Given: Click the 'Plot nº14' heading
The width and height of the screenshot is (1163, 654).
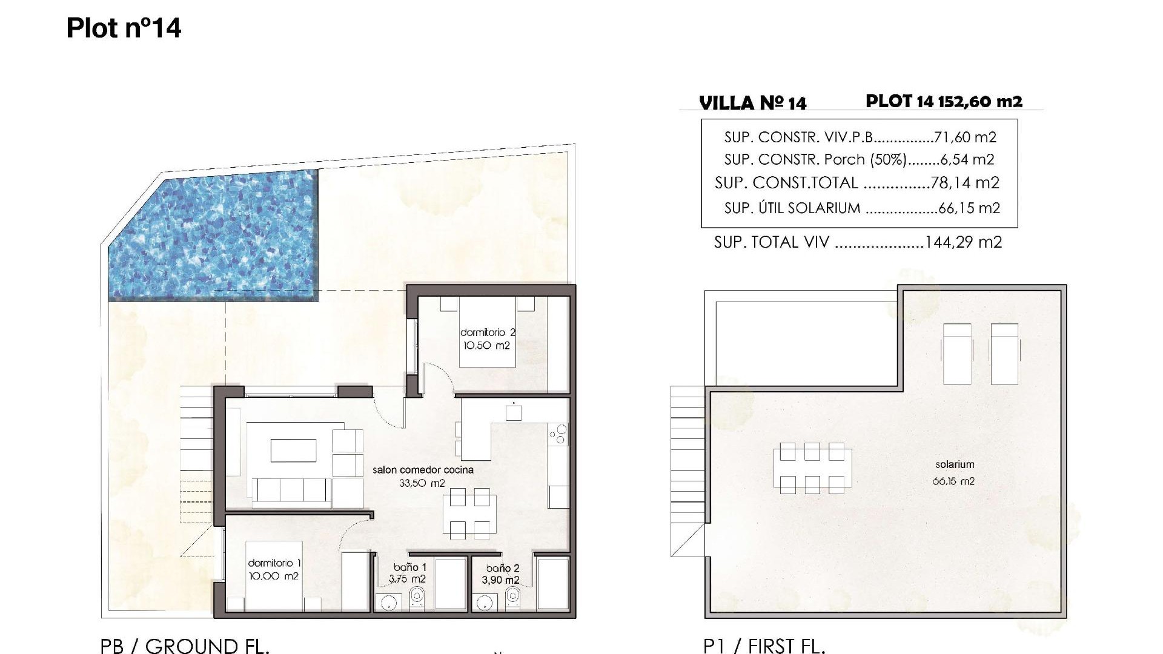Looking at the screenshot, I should [124, 28].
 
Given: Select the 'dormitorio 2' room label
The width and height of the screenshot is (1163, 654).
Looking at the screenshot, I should [488, 332].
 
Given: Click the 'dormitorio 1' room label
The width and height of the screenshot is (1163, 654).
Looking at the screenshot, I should [274, 563].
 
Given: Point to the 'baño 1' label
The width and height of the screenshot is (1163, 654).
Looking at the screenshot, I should [410, 567].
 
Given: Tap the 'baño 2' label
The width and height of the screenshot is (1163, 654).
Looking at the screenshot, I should [503, 568].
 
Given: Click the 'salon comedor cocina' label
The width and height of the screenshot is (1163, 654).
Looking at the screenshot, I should [423, 470].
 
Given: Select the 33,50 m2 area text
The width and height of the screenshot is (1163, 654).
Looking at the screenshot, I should [422, 483].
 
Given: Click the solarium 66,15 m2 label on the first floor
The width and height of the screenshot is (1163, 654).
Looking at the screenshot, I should [955, 473].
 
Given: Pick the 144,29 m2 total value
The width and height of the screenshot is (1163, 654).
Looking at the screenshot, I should [964, 242].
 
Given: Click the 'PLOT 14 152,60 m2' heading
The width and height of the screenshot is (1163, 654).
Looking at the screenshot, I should [944, 101].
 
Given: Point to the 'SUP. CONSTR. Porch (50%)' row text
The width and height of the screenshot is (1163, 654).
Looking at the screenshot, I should [815, 160].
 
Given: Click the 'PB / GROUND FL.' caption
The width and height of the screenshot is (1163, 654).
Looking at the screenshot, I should [185, 646].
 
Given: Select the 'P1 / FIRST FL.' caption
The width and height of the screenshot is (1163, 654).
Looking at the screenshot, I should [764, 646].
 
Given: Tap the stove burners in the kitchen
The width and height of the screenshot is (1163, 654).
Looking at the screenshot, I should [558, 434].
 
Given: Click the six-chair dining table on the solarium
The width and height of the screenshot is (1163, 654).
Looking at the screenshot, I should [812, 468].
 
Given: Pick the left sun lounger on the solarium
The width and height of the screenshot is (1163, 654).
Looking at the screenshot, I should [957, 353].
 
